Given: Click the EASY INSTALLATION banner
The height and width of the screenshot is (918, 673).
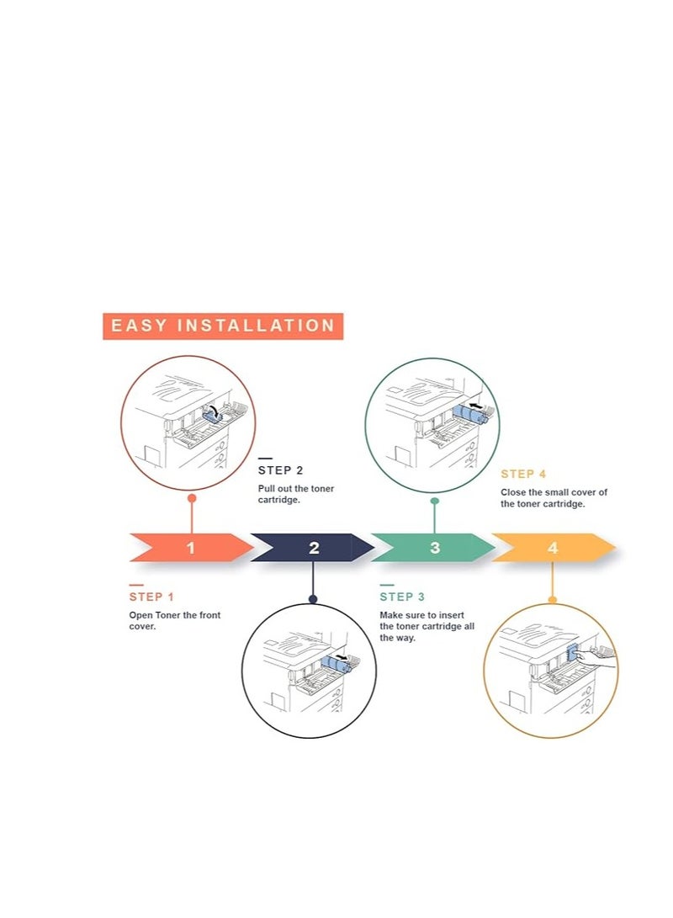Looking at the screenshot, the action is click(223, 326).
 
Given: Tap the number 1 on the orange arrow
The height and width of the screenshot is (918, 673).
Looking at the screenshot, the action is click(191, 548).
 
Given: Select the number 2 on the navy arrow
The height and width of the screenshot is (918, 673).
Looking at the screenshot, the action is click(315, 548).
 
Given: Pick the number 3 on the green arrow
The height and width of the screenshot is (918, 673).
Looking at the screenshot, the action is click(435, 548).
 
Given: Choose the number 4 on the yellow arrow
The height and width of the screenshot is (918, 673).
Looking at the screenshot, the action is click(553, 548).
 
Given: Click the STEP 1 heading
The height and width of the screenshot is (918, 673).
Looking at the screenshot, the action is click(151, 597).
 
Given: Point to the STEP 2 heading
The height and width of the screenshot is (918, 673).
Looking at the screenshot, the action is click(281, 470).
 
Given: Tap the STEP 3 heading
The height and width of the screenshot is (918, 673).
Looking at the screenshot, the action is click(402, 597).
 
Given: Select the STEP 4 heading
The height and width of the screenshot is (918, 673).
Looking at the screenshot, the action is click(523, 475).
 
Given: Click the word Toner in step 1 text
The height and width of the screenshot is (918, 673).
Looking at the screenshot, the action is click(168, 615).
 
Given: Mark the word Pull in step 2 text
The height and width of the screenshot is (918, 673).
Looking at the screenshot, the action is click(265, 489).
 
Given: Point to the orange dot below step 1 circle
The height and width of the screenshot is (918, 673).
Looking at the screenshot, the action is click(191, 498).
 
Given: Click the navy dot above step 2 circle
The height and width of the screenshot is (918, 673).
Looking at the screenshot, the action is click(313, 599).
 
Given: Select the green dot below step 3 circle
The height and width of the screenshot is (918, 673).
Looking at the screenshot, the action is click(434, 501).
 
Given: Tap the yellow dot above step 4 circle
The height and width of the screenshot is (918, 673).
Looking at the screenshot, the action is click(552, 599).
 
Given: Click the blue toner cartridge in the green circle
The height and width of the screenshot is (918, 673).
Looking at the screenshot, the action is click(470, 414).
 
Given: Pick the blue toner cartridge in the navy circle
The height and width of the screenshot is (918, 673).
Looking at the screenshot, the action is click(336, 664).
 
